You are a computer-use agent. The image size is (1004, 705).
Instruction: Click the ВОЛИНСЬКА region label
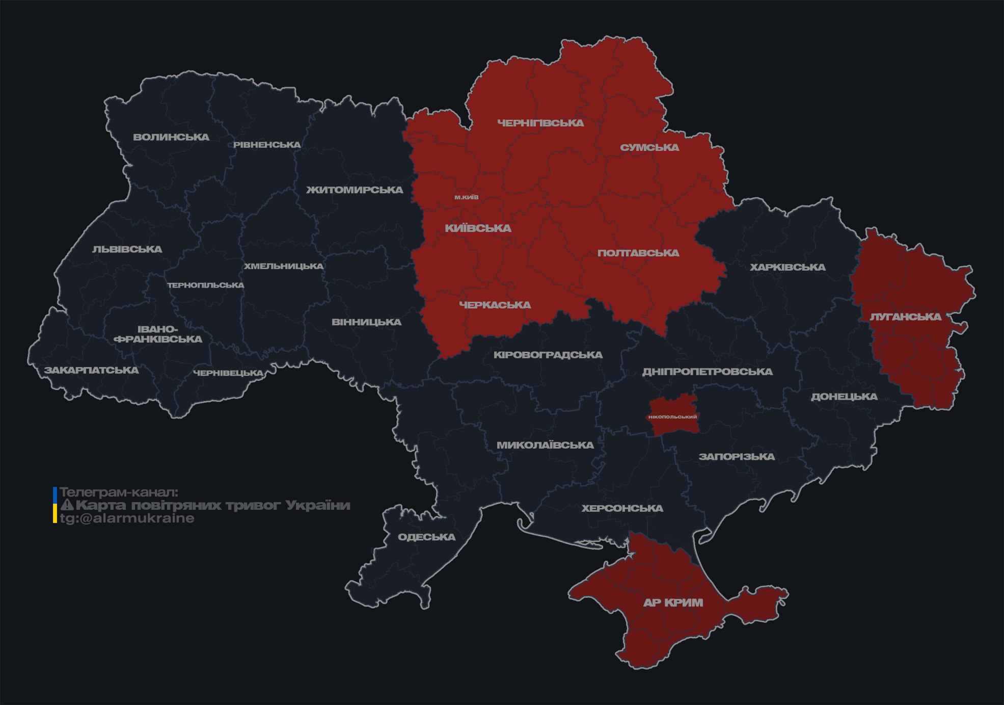pyautogui.click(x=171, y=137)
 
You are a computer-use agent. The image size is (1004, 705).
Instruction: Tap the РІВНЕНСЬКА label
pyautogui.click(x=267, y=145)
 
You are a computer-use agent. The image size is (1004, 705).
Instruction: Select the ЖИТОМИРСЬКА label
pyautogui.click(x=355, y=190)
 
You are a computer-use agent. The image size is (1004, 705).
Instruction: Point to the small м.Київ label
pyautogui.click(x=467, y=197)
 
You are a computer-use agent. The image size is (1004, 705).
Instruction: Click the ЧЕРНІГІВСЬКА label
pyautogui.click(x=540, y=123)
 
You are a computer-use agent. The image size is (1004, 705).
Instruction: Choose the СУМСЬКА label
pyautogui.click(x=649, y=148)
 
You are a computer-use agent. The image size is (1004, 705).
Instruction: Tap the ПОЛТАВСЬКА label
pyautogui.click(x=638, y=253)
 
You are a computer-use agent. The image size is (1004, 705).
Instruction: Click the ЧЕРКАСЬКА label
pyautogui.click(x=495, y=305)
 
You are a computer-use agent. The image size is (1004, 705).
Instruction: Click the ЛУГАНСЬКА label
pyautogui.click(x=905, y=317)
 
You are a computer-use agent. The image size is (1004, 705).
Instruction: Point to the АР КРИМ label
pyautogui.click(x=673, y=603)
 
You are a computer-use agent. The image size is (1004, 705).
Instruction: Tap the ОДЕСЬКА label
pyautogui.click(x=426, y=537)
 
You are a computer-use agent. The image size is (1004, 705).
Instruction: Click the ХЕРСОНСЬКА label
pyautogui.click(x=622, y=509)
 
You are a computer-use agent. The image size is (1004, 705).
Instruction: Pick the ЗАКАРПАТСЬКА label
pyautogui.click(x=91, y=370)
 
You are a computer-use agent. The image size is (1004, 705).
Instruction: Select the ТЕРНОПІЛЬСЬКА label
pyautogui.click(x=206, y=285)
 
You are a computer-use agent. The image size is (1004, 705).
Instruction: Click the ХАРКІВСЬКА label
pyautogui.click(x=788, y=268)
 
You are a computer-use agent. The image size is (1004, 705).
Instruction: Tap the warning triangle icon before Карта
pyautogui.click(x=67, y=506)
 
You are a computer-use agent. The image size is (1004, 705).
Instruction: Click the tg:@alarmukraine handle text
pyautogui.click(x=127, y=518)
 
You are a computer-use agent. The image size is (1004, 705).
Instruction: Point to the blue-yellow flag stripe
pyautogui.click(x=55, y=505)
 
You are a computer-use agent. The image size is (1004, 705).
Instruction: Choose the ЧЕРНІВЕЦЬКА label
pyautogui.click(x=228, y=373)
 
